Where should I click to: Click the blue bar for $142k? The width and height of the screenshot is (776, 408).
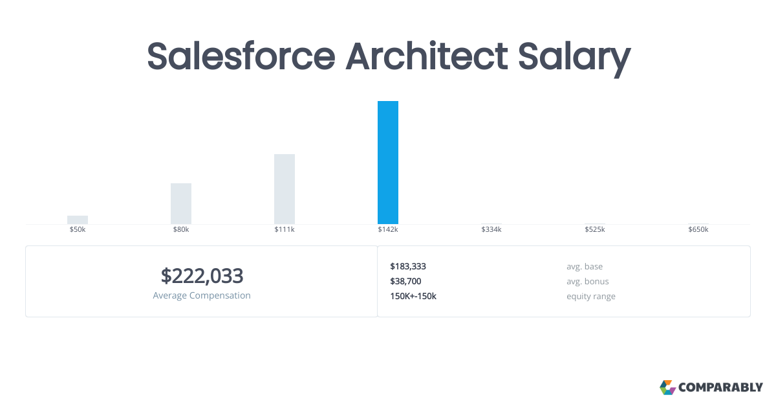(388, 163)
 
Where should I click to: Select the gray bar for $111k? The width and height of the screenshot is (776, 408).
(285, 189)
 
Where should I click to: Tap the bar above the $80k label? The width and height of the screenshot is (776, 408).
(181, 203)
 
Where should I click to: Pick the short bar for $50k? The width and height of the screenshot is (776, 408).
(78, 220)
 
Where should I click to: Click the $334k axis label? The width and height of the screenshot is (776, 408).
(491, 230)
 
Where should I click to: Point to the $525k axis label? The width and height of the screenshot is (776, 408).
(595, 230)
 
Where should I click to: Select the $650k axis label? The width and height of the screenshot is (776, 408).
(698, 230)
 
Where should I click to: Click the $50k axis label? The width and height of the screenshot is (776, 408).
(78, 230)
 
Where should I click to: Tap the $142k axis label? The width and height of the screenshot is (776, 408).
(388, 230)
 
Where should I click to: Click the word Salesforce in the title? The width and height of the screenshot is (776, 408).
(242, 56)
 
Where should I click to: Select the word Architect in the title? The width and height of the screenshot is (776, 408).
(427, 56)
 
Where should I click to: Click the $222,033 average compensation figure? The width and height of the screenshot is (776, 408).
(202, 276)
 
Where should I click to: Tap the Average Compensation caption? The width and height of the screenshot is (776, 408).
(202, 295)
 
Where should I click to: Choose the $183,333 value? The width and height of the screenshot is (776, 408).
(408, 266)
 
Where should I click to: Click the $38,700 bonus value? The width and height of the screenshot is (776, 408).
(405, 281)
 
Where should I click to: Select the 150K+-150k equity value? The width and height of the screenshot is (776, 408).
(413, 296)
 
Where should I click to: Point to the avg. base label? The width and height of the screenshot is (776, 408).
(585, 266)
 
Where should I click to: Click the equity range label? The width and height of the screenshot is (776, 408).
(591, 296)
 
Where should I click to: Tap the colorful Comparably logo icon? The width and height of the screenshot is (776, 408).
(667, 387)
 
